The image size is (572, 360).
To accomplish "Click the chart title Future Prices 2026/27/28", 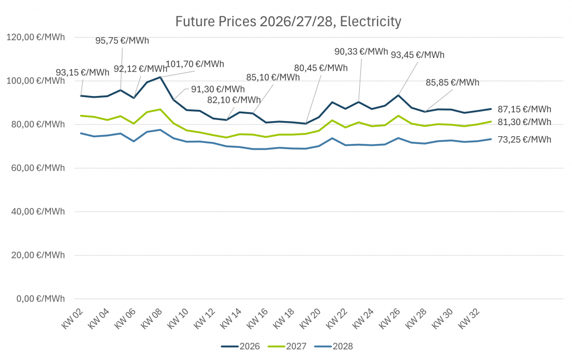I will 288,22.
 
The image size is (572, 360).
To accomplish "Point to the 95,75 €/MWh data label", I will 122,41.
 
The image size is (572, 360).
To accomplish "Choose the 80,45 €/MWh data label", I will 321,68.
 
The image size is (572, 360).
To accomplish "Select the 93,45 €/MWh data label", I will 418,55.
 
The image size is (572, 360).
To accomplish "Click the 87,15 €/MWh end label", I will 525,109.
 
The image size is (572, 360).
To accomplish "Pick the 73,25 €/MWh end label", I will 525,140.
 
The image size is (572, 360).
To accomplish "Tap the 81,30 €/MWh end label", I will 525,122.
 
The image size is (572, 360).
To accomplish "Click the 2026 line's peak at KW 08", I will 160,77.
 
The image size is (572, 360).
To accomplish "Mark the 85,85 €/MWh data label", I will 452,83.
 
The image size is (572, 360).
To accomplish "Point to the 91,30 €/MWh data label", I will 218,89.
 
